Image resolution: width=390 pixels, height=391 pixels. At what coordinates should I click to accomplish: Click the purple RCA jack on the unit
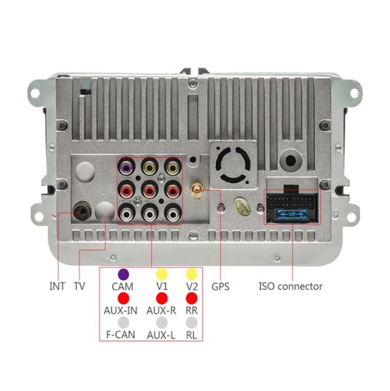coord(127,169)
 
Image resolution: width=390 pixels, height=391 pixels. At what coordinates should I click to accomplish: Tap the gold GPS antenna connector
coord(196,189)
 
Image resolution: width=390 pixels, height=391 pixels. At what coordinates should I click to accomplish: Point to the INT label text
coord(57,286)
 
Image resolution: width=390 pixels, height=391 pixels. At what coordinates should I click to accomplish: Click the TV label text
coord(79,286)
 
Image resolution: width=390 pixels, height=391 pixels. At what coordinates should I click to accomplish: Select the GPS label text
coord(220,286)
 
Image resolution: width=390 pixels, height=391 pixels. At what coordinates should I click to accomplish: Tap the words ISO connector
coord(291,286)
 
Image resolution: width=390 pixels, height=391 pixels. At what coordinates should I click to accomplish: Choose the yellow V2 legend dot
coord(192,274)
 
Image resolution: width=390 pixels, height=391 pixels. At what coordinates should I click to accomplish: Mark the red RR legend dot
coord(192,297)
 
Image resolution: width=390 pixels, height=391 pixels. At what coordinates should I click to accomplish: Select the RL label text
coord(192,335)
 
